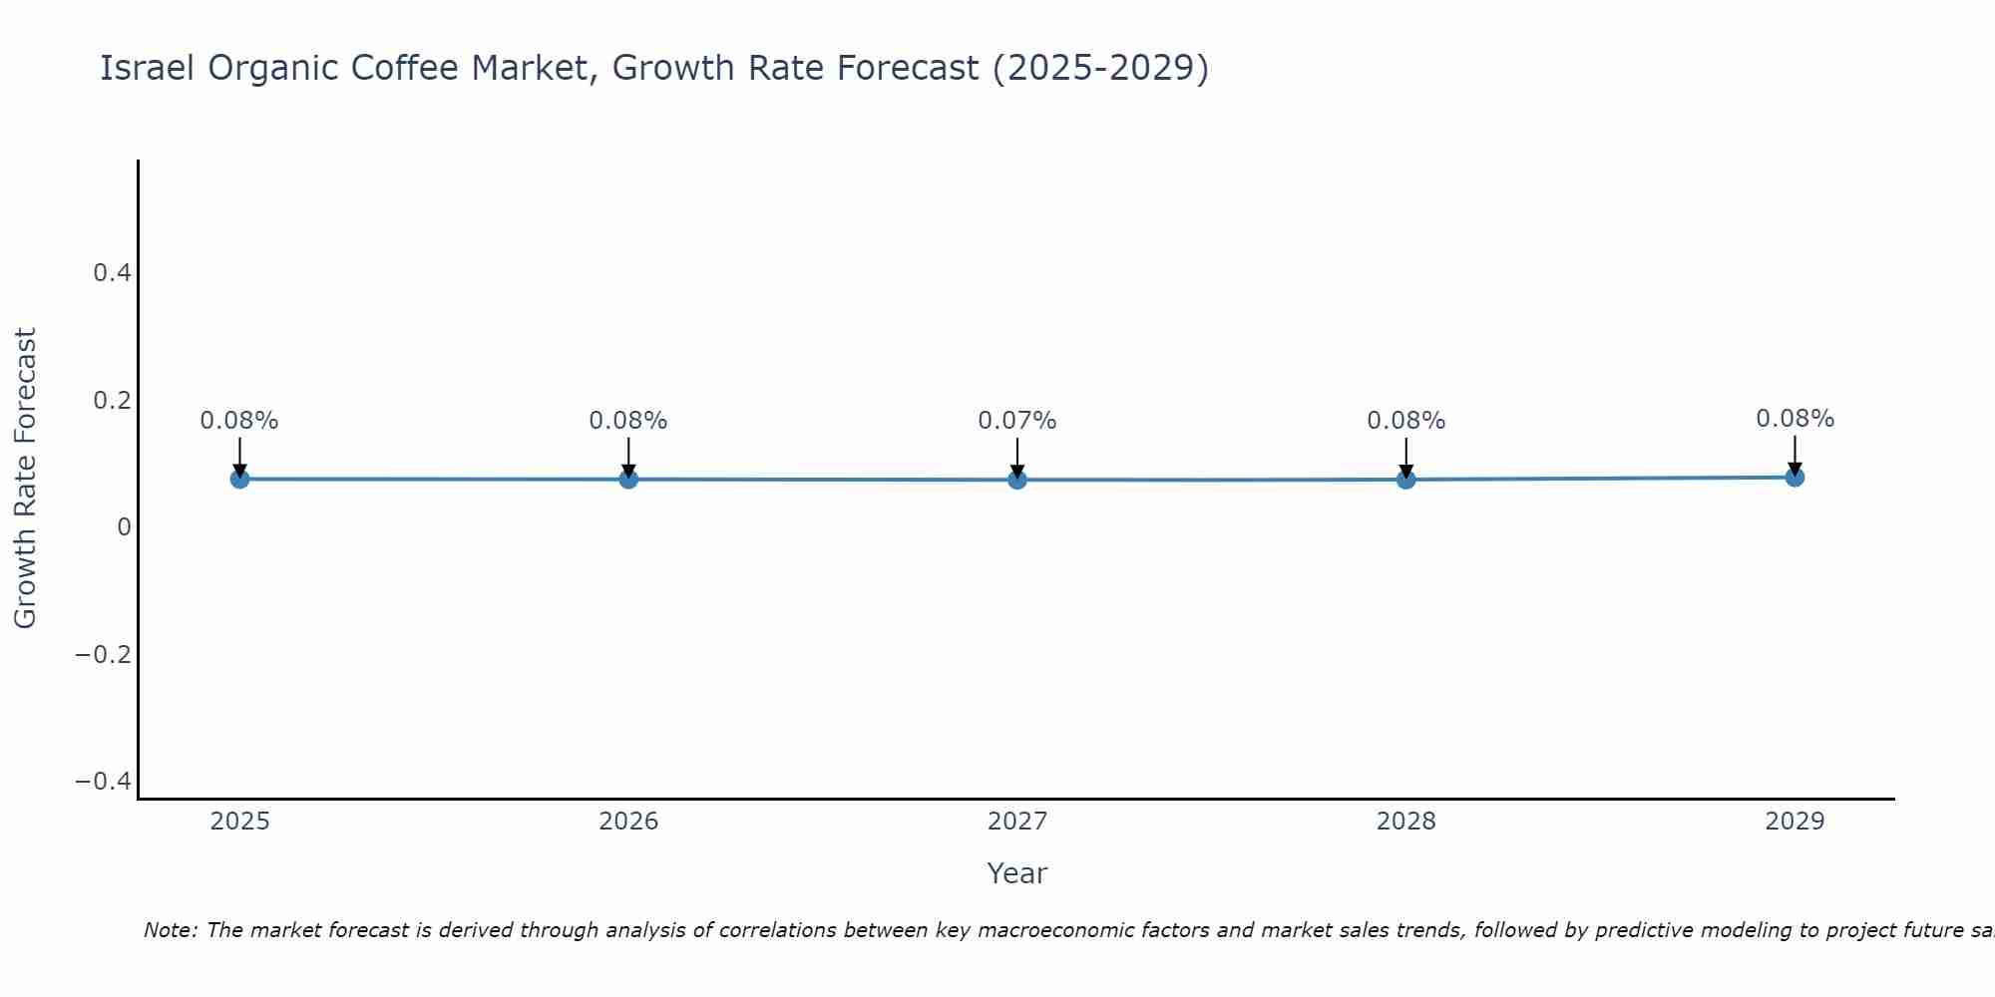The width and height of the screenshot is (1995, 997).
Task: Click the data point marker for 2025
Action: click(239, 479)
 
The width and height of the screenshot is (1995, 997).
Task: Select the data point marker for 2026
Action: click(628, 479)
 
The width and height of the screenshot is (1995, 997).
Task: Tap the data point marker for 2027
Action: click(1017, 480)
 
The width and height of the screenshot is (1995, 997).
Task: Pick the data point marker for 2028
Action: click(1405, 479)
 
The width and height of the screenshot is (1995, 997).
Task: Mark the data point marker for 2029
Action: click(1795, 477)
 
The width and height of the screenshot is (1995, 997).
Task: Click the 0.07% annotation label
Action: click(1016, 421)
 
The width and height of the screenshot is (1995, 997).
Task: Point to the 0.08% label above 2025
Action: click(239, 421)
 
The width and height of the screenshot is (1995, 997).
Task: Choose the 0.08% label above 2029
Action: click(1795, 419)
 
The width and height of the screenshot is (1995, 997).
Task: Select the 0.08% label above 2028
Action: click(1405, 421)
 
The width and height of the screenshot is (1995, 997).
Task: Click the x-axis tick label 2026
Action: click(628, 822)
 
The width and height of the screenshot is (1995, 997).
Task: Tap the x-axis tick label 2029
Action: click(1795, 822)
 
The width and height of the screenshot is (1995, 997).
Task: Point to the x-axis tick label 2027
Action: click(1017, 822)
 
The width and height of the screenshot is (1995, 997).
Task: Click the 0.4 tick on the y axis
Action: click(112, 272)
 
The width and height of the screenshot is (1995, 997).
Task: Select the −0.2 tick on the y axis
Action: click(103, 654)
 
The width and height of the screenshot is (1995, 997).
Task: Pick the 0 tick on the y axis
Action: click(124, 526)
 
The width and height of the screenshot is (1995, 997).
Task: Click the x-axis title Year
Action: click(1016, 873)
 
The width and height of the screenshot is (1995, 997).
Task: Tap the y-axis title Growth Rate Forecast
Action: click(25, 479)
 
